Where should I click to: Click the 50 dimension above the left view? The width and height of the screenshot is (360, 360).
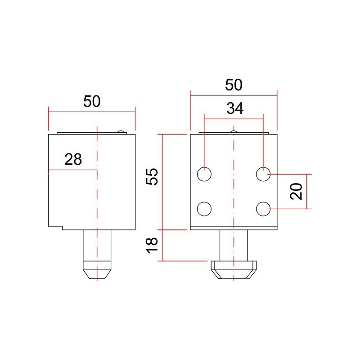click(x=92, y=101)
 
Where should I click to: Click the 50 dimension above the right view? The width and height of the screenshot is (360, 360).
click(x=234, y=85)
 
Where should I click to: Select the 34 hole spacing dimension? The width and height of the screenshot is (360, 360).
click(x=234, y=108)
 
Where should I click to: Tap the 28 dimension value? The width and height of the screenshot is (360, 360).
click(x=73, y=159)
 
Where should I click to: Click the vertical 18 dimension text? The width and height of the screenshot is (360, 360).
click(x=153, y=244)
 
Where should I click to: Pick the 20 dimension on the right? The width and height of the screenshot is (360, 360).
click(x=296, y=191)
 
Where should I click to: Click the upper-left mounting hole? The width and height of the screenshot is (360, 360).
click(x=204, y=174)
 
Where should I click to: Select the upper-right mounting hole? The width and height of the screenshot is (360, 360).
click(x=263, y=174)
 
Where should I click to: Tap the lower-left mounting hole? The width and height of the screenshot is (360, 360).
click(x=204, y=209)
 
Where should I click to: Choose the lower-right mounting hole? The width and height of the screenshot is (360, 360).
click(x=263, y=209)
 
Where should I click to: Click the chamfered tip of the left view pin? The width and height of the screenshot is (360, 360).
click(x=96, y=272)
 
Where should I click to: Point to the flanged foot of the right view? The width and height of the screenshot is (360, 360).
click(x=234, y=269)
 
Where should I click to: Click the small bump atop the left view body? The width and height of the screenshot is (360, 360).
click(x=120, y=132)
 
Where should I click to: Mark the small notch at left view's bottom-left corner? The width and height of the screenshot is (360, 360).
click(x=56, y=227)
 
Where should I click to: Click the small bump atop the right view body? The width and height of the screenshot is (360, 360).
click(x=233, y=132)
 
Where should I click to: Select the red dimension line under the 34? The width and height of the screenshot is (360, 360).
click(x=234, y=119)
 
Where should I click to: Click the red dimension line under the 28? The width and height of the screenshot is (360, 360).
click(x=72, y=170)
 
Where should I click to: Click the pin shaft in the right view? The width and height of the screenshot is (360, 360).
click(x=234, y=245)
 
